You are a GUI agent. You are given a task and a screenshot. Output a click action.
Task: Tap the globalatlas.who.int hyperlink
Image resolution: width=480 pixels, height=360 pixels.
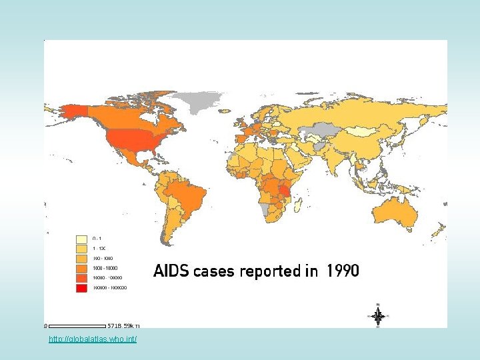pos(93,340)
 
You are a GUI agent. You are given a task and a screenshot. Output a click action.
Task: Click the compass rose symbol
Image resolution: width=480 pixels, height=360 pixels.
pos(378,316)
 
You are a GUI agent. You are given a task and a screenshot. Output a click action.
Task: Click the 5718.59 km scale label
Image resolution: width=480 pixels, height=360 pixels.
pos(124,326)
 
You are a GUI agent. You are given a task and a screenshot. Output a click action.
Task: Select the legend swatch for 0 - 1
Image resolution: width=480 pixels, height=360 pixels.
pos(82,238)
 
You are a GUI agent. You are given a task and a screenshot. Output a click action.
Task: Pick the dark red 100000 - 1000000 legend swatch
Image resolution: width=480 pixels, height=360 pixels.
pos(82,287)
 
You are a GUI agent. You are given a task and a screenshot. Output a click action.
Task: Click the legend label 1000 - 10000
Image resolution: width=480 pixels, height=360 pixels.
pos(104,267)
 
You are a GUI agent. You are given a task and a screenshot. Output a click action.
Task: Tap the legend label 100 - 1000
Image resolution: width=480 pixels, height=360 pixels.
pos(102,257)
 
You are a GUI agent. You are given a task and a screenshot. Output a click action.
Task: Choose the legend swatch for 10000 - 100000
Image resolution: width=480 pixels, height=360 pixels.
pos(82,277)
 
